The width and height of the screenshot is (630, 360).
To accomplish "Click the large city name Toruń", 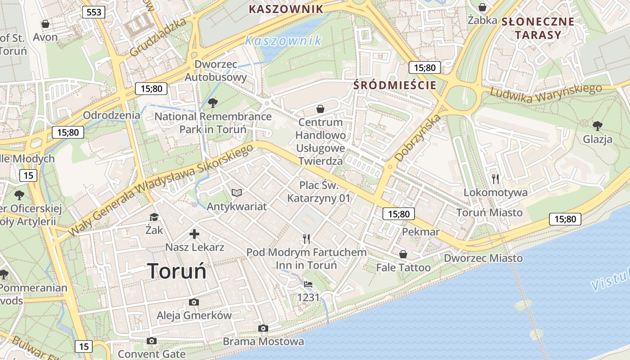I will pyautogui.click(x=177, y=271).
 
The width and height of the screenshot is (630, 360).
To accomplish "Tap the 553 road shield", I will pyautogui.click(x=94, y=12).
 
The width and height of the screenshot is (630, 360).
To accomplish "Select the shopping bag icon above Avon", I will pyautogui.click(x=45, y=24).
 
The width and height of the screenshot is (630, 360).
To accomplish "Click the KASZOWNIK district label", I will pyautogui.click(x=286, y=9).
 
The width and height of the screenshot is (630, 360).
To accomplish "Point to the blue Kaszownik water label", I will pyautogui.click(x=283, y=41).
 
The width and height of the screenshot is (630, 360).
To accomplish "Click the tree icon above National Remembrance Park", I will pyautogui.click(x=213, y=103).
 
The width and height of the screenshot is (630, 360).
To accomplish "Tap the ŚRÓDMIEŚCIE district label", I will pyautogui.click(x=395, y=85).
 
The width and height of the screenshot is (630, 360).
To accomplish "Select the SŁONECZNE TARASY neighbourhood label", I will pyautogui.click(x=538, y=28).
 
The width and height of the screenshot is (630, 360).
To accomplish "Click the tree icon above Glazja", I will pyautogui.click(x=597, y=126).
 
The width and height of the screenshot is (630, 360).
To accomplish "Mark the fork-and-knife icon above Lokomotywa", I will pyautogui.click(x=495, y=179).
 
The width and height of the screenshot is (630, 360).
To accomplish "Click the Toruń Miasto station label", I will pyautogui.click(x=489, y=212).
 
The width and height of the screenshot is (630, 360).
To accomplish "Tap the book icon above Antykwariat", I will pyautogui.click(x=237, y=193).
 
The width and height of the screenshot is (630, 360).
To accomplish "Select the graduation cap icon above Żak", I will pyautogui.click(x=154, y=217).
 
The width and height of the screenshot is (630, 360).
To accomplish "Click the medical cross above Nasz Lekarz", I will pyautogui.click(x=194, y=234).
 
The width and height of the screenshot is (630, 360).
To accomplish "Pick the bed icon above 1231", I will pyautogui.click(x=308, y=284).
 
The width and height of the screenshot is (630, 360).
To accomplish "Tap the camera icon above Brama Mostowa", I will pyautogui.click(x=263, y=328).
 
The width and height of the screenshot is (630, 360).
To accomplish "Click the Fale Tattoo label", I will pyautogui.click(x=403, y=268).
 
